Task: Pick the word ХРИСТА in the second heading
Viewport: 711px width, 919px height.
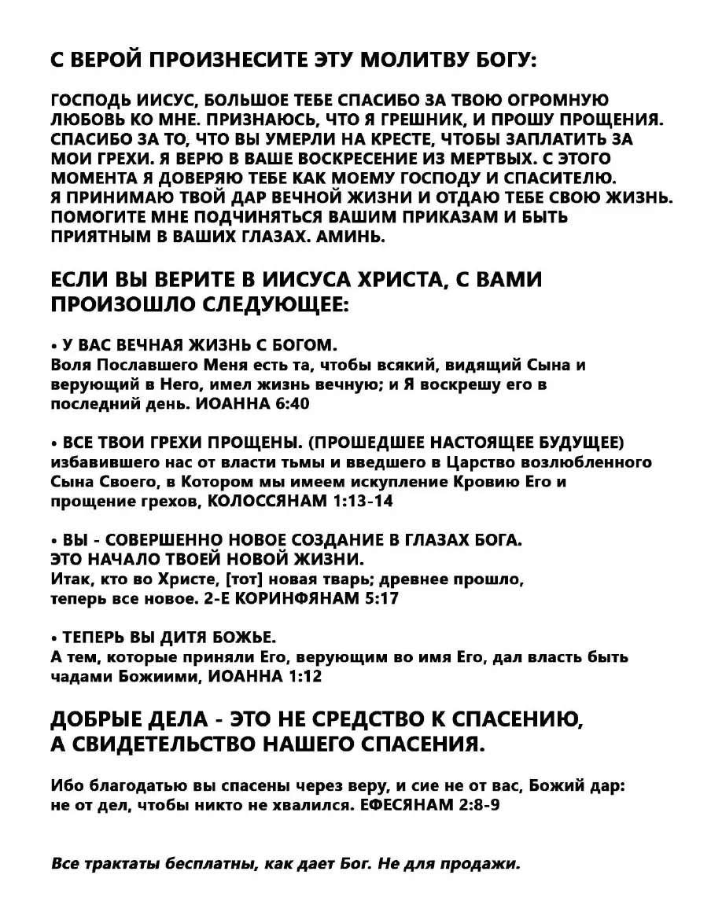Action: [402, 279]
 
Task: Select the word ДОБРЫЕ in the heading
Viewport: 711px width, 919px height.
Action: [99, 719]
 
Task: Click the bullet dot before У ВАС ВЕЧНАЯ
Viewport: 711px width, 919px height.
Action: [53, 346]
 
